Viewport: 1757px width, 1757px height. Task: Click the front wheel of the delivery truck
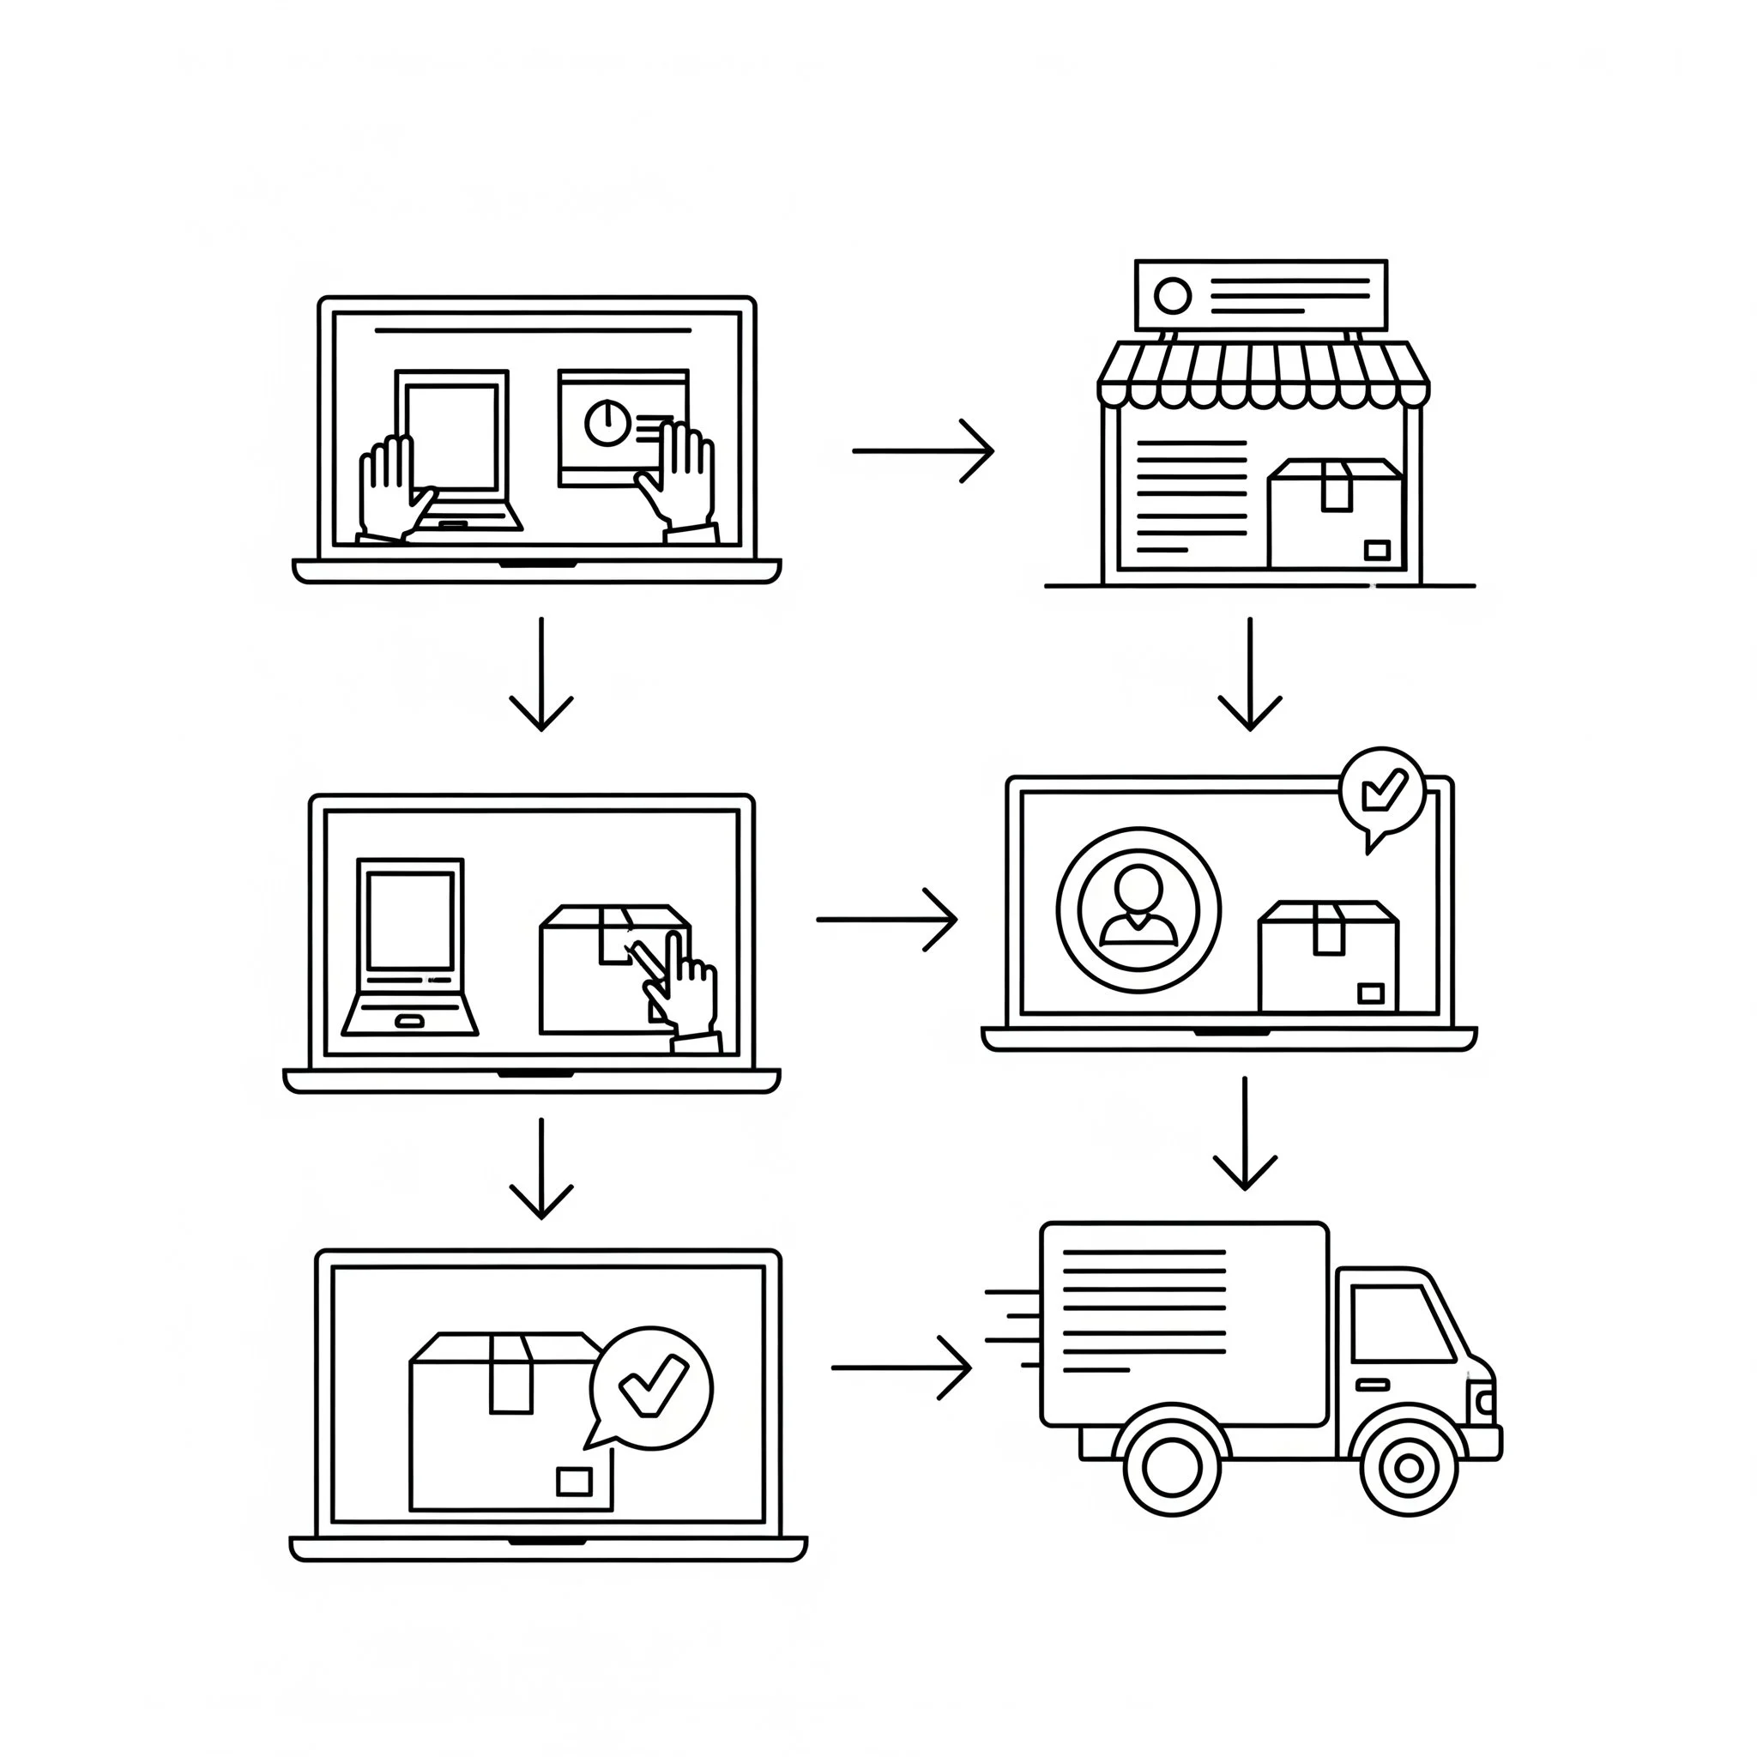[1408, 1467]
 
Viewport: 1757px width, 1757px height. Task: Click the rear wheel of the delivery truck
[1171, 1467]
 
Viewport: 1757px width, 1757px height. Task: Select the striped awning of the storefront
[1263, 373]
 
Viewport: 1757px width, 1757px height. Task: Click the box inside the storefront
[1334, 514]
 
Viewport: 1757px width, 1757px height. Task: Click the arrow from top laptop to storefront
[923, 450]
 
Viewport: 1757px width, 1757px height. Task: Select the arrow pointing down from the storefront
[1251, 673]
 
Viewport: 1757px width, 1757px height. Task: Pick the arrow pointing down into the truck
[1244, 1133]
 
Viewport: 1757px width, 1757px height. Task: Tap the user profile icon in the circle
[1138, 909]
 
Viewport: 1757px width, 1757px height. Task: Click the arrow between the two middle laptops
[887, 920]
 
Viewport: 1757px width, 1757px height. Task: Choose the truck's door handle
[1373, 1385]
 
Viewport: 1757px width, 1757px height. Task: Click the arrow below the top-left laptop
[541, 673]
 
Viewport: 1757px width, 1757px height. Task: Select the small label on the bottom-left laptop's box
[574, 1482]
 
